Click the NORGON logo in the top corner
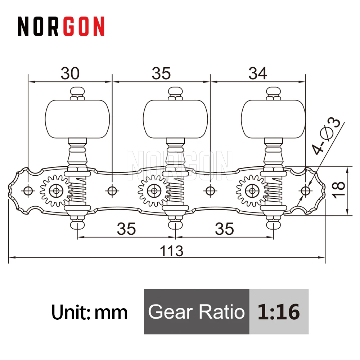tap(61, 26)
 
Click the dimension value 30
tap(70, 73)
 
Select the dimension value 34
tap(258, 73)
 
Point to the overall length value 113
tap(171, 251)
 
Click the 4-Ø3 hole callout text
tap(325, 136)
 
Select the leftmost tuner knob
tap(77, 119)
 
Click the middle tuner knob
tap(175, 119)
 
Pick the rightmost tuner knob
tap(274, 119)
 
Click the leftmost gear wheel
tap(56, 190)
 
